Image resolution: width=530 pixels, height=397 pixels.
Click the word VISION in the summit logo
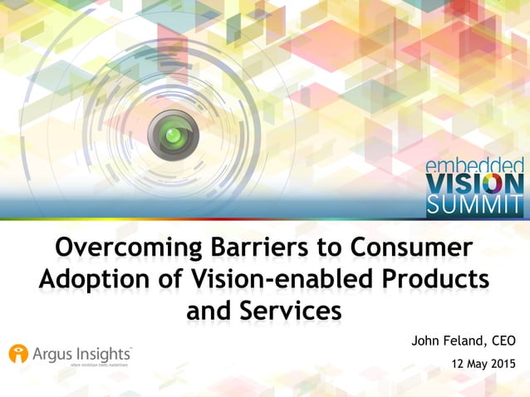pos(474,184)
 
